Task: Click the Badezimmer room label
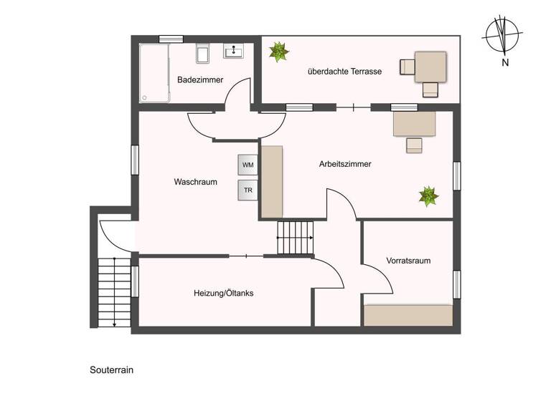pos(200,79)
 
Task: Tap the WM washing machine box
pos(248,165)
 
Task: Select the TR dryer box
pos(248,190)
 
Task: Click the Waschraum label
pos(195,182)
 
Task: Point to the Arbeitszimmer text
pos(345,164)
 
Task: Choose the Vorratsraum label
pos(408,261)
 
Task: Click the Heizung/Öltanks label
pos(223,293)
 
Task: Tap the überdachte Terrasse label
pos(344,72)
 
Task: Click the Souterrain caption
pos(112,370)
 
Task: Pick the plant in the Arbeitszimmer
pos(428,195)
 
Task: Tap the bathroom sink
pos(234,52)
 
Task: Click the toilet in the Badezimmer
pos(202,54)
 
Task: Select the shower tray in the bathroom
pos(154,72)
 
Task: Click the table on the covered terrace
pos(430,66)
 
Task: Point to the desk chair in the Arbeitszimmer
pos(415,145)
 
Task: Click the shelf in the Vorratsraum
pos(408,315)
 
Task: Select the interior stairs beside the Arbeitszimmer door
pos(296,238)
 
